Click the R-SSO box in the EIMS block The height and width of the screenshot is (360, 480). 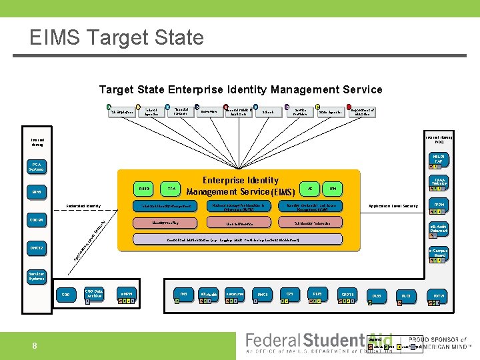[x=144, y=189]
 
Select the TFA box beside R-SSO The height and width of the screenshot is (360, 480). [x=173, y=189]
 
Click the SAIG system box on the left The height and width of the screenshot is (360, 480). [x=37, y=192]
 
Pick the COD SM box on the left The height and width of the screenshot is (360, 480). [x=37, y=220]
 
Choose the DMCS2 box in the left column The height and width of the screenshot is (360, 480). [x=37, y=248]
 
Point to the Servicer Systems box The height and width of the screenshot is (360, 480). [x=37, y=276]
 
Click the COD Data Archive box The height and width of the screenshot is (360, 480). [x=93, y=293]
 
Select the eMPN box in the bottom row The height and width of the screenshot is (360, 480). [x=126, y=294]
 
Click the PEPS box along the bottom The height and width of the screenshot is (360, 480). [x=317, y=293]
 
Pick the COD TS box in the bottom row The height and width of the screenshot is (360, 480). [x=347, y=294]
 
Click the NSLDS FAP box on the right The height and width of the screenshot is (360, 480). [x=438, y=160]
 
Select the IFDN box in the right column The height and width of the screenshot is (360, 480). [x=439, y=206]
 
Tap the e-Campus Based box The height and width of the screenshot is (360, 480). [x=438, y=253]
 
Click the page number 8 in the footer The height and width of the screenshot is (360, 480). [x=35, y=345]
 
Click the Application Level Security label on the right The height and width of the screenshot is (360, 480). [x=393, y=206]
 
